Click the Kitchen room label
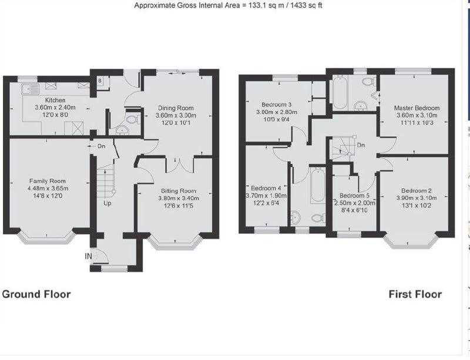[x=55, y=100]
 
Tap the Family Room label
[x=48, y=181]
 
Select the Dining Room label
[x=176, y=108]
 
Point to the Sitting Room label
[x=179, y=191]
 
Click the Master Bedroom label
[x=417, y=108]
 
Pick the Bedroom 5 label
[x=354, y=196]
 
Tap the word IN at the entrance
[x=89, y=256]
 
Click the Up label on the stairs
[x=108, y=203]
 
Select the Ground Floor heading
[x=36, y=294]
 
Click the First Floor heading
[x=415, y=294]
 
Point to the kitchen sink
[x=30, y=89]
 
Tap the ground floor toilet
[x=133, y=120]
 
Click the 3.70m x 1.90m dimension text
[x=266, y=196]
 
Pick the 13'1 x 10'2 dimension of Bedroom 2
[x=417, y=206]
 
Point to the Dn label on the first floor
[x=361, y=145]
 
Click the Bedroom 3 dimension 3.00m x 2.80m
[x=276, y=112]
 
